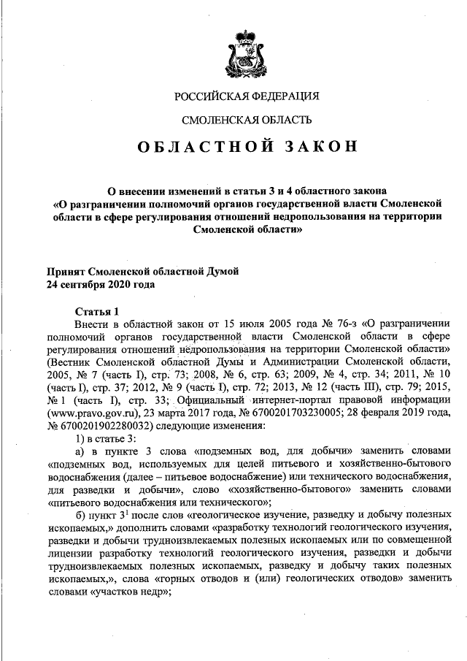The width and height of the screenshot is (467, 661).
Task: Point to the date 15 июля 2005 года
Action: point(229,322)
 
